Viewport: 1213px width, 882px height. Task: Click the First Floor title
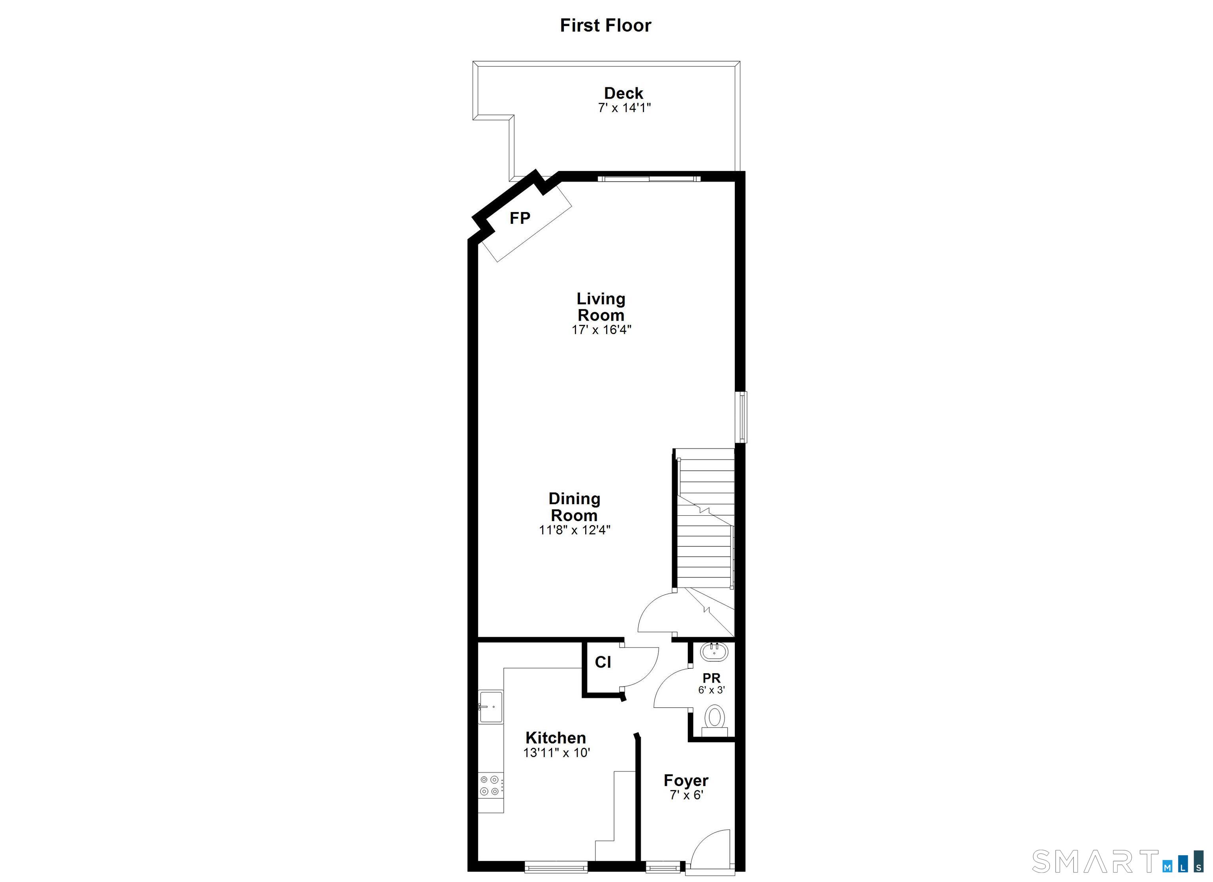tap(605, 25)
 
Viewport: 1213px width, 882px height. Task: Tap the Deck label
tap(623, 93)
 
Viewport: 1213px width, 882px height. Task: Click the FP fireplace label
tap(520, 218)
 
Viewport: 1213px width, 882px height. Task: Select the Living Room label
tap(601, 306)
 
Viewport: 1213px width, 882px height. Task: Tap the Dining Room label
tap(575, 507)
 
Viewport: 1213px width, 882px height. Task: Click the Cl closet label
tap(603, 662)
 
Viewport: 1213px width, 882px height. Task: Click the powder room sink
tap(714, 651)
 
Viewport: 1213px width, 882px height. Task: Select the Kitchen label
tap(556, 738)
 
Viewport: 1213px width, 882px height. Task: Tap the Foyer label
tap(686, 781)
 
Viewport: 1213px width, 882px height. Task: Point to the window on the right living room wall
tap(743, 417)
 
